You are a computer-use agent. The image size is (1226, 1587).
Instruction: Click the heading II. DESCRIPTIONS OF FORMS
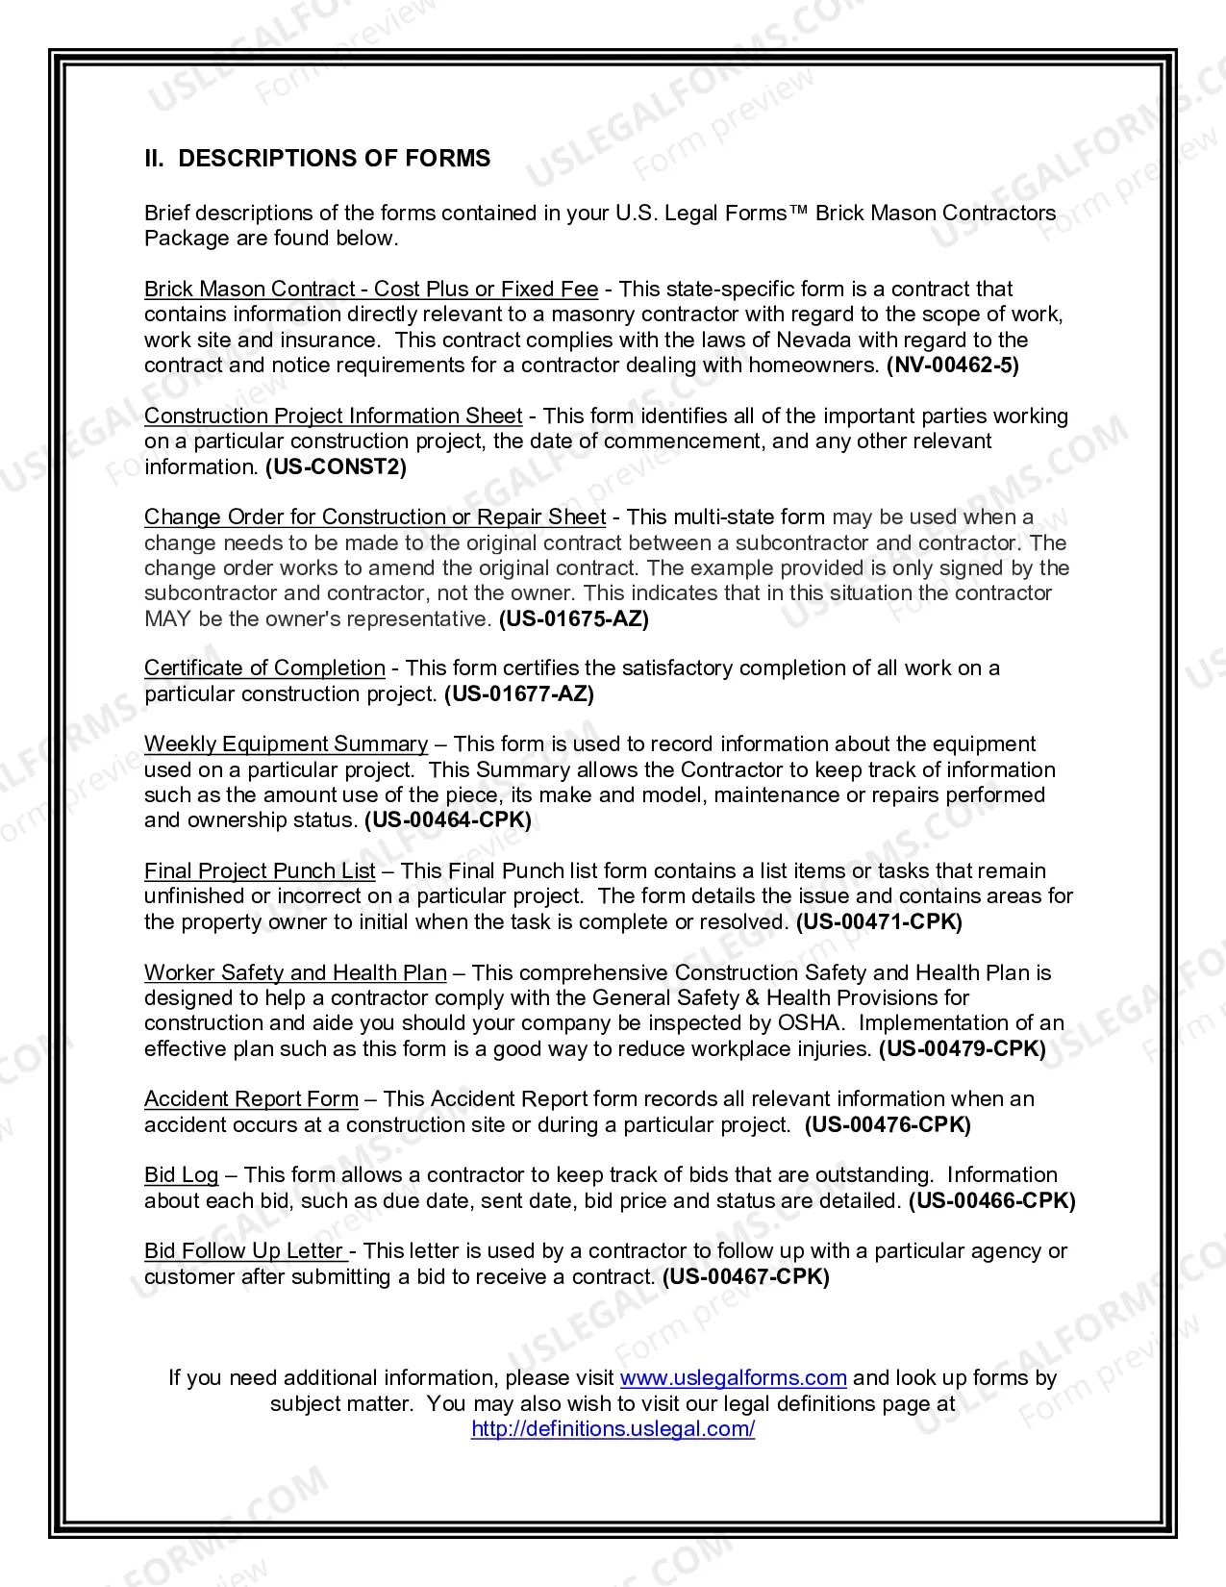click(317, 159)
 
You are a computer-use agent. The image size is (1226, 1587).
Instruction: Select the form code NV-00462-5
click(952, 365)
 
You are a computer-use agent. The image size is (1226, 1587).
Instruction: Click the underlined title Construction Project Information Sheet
click(333, 416)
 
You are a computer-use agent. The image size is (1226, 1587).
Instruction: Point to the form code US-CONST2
click(336, 467)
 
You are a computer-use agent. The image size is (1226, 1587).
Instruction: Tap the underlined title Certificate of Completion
click(264, 668)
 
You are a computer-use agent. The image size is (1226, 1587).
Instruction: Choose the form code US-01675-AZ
click(573, 619)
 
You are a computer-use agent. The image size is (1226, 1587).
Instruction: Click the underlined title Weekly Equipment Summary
click(286, 744)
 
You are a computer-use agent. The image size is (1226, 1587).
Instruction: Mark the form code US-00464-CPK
click(447, 820)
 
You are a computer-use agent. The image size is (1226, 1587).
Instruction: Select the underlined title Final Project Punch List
click(260, 871)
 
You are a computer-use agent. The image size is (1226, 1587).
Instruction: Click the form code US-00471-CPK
click(879, 922)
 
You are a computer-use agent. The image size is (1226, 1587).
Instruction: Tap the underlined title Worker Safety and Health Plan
click(295, 973)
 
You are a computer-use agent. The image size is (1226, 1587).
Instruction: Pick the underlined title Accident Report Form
click(251, 1099)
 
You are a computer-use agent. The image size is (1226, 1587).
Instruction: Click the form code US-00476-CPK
click(888, 1125)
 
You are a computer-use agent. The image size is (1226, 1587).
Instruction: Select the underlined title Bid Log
click(182, 1175)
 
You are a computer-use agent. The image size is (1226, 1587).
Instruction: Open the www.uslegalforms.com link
click(733, 1378)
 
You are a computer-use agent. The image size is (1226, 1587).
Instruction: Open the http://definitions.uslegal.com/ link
click(613, 1429)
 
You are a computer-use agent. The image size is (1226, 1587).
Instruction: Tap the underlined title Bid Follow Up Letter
click(245, 1251)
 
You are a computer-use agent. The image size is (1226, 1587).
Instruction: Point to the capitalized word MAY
click(167, 619)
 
